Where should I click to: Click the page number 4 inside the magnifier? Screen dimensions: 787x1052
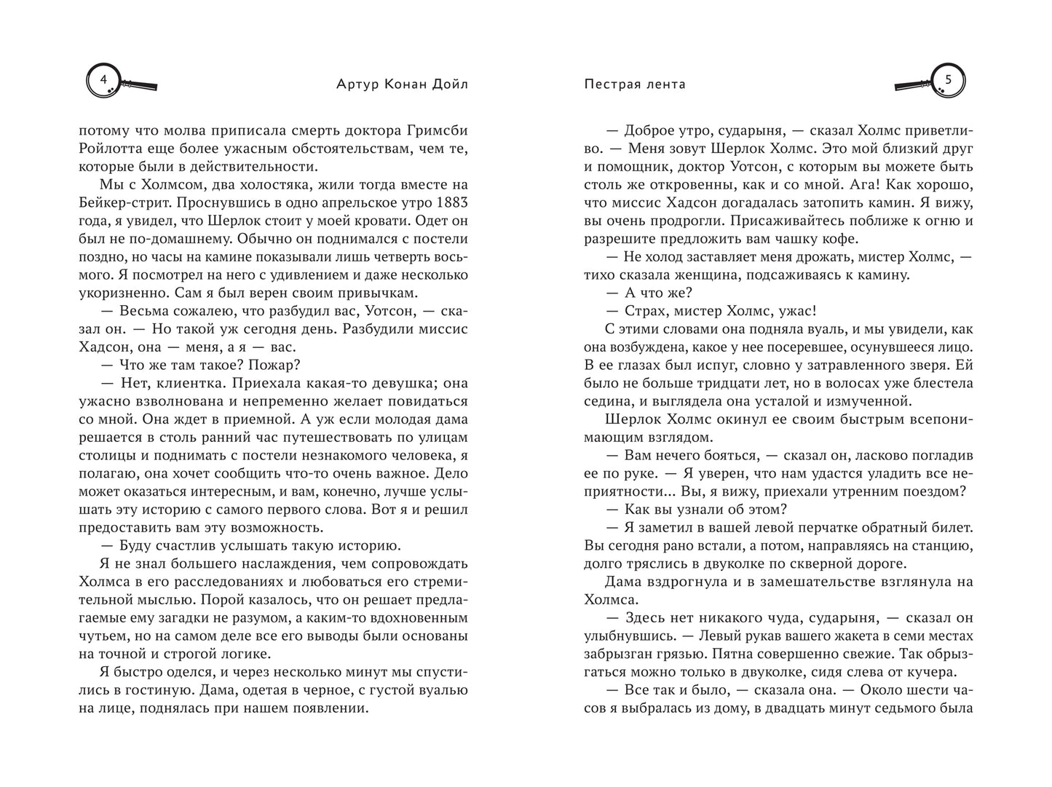coord(103,79)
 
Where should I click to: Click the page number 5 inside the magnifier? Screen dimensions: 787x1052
coord(948,79)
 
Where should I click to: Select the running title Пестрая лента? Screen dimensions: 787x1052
coord(634,84)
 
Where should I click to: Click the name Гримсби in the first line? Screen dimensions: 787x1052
coord(435,131)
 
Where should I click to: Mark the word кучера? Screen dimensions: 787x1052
coord(934,672)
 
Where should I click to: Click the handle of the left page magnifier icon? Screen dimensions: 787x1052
coord(143,86)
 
